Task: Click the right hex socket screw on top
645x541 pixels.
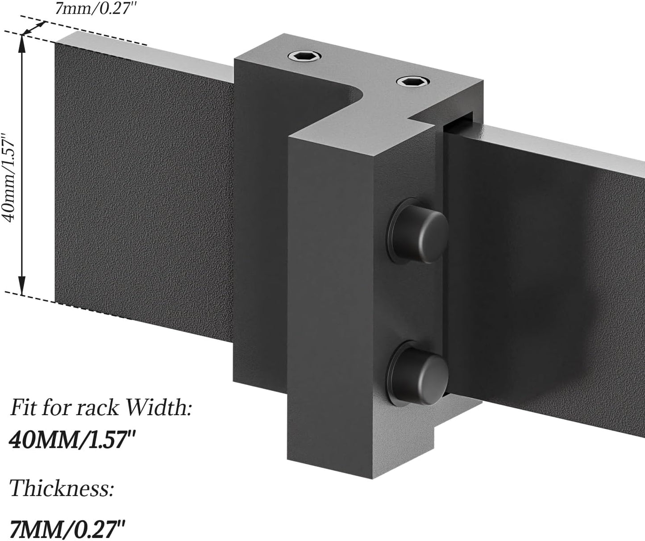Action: [413, 81]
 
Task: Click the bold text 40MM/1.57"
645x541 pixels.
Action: [72, 440]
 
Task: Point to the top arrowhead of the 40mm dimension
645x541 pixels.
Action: [21, 41]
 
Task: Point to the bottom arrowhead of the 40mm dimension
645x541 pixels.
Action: [21, 288]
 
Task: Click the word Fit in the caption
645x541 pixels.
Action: [22, 408]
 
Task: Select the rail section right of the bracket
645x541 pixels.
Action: [549, 268]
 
